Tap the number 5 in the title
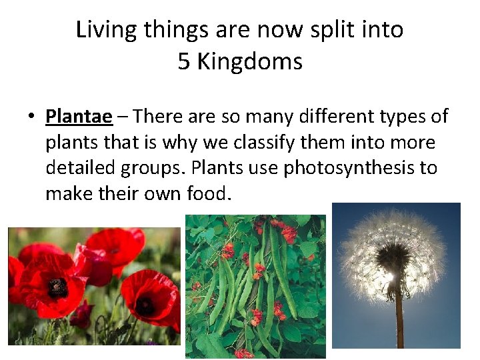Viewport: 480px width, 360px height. tap(184, 62)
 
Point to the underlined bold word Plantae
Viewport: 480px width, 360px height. tap(79, 117)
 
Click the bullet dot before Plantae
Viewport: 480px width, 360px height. tap(31, 117)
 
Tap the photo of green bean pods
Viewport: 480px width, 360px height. tap(255, 287)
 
